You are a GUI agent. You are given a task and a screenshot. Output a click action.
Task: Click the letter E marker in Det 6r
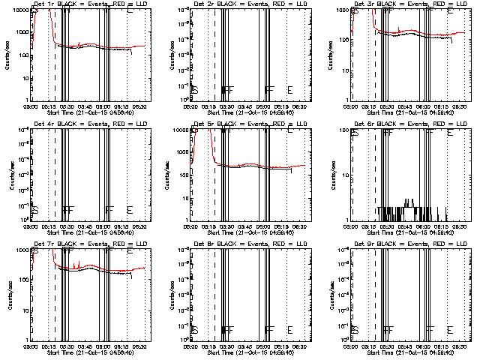pos(450,133)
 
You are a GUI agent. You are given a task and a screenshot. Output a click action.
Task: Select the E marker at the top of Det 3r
pos(450,12)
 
